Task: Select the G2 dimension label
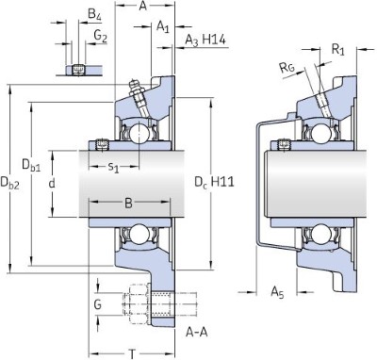pos(99,36)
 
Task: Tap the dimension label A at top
pos(142,5)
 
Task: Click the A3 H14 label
pos(205,39)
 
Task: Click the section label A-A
pos(198,331)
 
